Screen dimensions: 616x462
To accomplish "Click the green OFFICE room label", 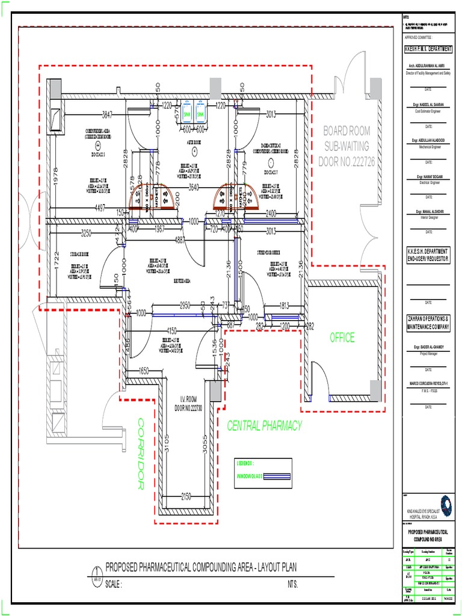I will coord(341,338).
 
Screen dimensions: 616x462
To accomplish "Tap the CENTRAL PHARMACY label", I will coord(264,426).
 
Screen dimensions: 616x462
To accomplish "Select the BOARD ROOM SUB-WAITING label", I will coord(346,146).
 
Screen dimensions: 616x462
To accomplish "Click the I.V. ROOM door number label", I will coord(190,404).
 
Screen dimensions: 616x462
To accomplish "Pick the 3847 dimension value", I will coord(108,114).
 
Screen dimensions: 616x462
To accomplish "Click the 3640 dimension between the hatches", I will coord(194,187).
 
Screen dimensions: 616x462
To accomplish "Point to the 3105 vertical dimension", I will coord(167,444).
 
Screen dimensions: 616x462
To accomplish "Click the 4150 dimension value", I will coord(171,330).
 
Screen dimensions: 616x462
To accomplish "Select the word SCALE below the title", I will coord(114,585).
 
